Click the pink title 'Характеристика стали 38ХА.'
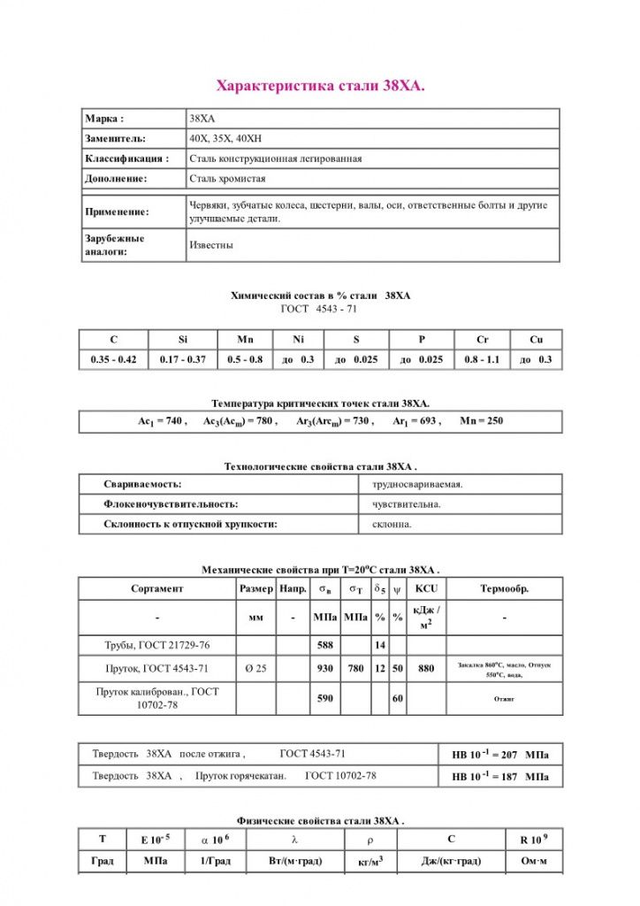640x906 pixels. coord(320,86)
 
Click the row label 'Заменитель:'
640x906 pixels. coord(115,139)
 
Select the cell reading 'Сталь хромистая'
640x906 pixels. coord(227,178)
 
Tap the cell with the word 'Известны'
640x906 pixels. coord(211,245)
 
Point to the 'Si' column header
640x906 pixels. coord(183,340)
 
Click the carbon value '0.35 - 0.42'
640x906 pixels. coord(113,360)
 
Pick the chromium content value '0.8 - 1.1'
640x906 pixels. coord(482,360)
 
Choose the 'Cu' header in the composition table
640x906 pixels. coord(536,340)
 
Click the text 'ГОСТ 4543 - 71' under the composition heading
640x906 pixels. coord(319,309)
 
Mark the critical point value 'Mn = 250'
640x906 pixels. coord(482,421)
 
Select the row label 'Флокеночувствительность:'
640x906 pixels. coord(171,504)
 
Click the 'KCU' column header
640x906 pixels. coord(426,588)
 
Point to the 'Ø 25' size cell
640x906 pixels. coord(255,669)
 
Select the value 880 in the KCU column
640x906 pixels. coord(426,669)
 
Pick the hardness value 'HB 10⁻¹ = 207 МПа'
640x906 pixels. coord(499,755)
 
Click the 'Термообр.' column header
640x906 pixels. coord(504,588)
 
